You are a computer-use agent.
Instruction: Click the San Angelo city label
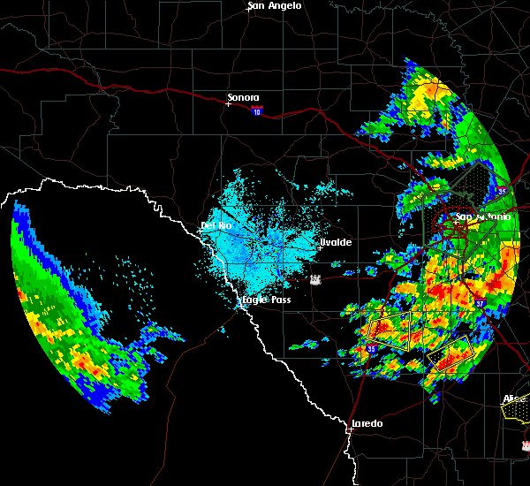276,6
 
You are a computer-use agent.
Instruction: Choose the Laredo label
367,423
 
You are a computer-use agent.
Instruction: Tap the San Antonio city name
482,216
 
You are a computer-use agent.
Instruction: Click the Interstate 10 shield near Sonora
256,111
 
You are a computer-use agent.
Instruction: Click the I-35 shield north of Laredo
371,349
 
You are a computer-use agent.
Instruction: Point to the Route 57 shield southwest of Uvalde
315,279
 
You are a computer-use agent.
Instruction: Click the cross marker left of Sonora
228,103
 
